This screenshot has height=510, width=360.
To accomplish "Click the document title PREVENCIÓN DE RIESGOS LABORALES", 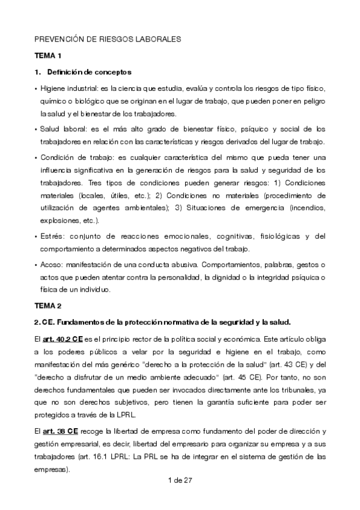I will tap(108, 39).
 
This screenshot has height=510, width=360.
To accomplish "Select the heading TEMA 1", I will tap(49, 56).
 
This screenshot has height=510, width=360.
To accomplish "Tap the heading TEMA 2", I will tap(49, 306).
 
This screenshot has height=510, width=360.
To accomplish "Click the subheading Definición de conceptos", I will tap(88, 73).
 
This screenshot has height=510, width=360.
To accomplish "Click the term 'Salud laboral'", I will tap(60, 129).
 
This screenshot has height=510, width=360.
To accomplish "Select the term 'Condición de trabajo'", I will tap(72, 158).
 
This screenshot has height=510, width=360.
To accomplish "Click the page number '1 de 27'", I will tap(180, 481).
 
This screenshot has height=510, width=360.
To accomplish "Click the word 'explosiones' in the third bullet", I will tap(59, 220).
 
